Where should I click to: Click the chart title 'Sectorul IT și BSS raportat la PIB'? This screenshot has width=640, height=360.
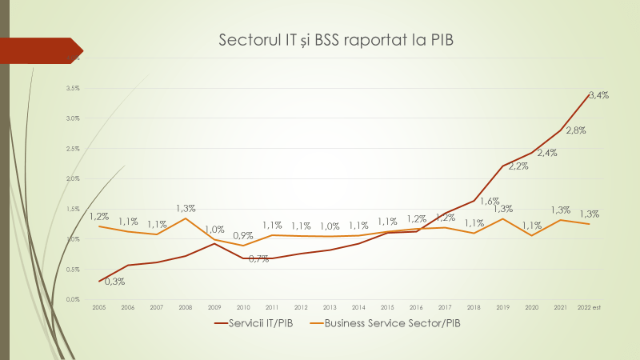pos(335,40)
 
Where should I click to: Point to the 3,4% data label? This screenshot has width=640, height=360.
pos(598,95)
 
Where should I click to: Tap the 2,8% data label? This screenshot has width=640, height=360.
pos(576,130)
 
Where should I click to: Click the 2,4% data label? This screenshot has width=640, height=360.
pos(547,153)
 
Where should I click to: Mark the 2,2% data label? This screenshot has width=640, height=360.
pos(518,166)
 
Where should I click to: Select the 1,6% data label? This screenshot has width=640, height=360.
pos(490,201)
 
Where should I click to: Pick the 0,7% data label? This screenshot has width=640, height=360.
pos(258,258)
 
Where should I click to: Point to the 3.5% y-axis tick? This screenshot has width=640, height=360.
pos(74,88)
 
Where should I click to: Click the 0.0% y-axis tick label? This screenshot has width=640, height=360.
pos(74,299)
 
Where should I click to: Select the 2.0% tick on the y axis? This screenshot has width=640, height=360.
pos(74,178)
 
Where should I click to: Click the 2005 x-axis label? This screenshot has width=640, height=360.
pos(98,306)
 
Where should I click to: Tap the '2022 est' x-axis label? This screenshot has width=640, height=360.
pos(590,306)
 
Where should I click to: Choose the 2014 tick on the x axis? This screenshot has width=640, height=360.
pos(358,306)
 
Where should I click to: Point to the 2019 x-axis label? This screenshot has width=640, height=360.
pos(502,306)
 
